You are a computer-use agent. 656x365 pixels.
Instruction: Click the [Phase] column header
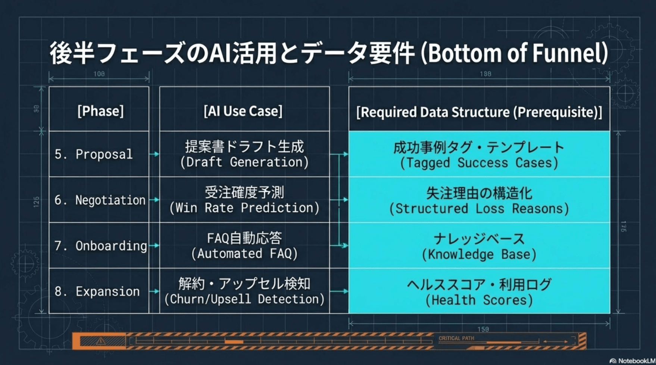coord(100,111)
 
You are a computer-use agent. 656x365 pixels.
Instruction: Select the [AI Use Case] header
coord(243,111)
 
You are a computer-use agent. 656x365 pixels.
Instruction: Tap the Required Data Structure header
coord(479,112)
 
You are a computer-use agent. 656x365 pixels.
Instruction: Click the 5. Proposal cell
coord(94,154)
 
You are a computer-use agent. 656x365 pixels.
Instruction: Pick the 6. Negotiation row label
coord(100,200)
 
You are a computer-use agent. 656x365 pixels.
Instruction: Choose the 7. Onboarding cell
coord(101,246)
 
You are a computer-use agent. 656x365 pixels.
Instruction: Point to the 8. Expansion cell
coord(97,291)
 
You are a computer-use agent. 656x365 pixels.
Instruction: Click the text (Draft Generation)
coord(244,162)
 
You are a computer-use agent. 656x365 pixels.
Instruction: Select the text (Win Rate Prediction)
coord(244,208)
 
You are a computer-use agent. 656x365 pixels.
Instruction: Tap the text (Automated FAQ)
coord(244,253)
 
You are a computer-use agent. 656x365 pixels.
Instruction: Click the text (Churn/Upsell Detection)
coord(244,299)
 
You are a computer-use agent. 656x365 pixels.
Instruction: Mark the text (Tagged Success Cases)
coord(479,163)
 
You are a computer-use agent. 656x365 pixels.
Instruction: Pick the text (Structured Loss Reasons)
coord(479,209)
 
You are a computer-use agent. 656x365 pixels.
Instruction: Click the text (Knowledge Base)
coord(479,255)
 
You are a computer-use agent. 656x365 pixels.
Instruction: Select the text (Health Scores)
coord(479,300)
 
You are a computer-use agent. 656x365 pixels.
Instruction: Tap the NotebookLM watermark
coord(632,361)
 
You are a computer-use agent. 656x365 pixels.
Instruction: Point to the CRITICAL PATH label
coord(456,338)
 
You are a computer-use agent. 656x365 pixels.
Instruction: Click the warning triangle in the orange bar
coord(101,341)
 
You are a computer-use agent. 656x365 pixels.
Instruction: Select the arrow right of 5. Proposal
coord(154,154)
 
